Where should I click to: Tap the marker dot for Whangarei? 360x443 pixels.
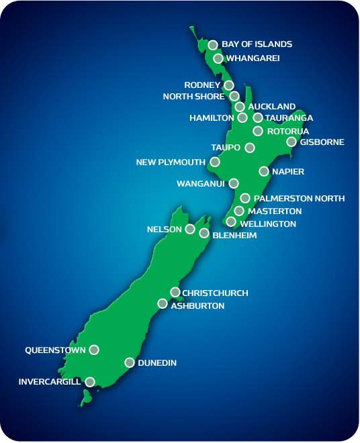pos(218,58)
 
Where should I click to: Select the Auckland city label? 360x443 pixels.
pos(271,107)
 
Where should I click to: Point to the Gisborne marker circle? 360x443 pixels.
pos(291,142)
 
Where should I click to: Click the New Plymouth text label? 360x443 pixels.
pos(171,162)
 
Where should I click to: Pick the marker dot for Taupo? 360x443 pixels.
pos(250,148)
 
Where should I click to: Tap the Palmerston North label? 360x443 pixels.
pos(300,198)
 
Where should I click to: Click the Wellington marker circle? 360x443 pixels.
pos(231,222)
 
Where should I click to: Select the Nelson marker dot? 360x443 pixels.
pos(190,229)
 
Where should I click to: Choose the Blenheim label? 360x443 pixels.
pos(234,236)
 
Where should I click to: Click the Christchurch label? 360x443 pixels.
pos(215,293)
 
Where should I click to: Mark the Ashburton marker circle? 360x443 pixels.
pos(162,303)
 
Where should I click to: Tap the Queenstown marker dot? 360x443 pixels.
pos(94,350)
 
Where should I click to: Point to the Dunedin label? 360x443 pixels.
pos(157,363)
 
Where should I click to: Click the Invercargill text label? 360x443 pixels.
pos(50,382)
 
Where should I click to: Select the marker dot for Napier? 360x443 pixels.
pos(264,171)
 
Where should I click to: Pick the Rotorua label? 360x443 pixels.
pos(288,131)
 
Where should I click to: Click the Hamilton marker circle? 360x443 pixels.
pos(242,117)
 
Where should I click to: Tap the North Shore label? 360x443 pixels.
pos(193,96)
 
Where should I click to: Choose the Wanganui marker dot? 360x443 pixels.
pos(234,183)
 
